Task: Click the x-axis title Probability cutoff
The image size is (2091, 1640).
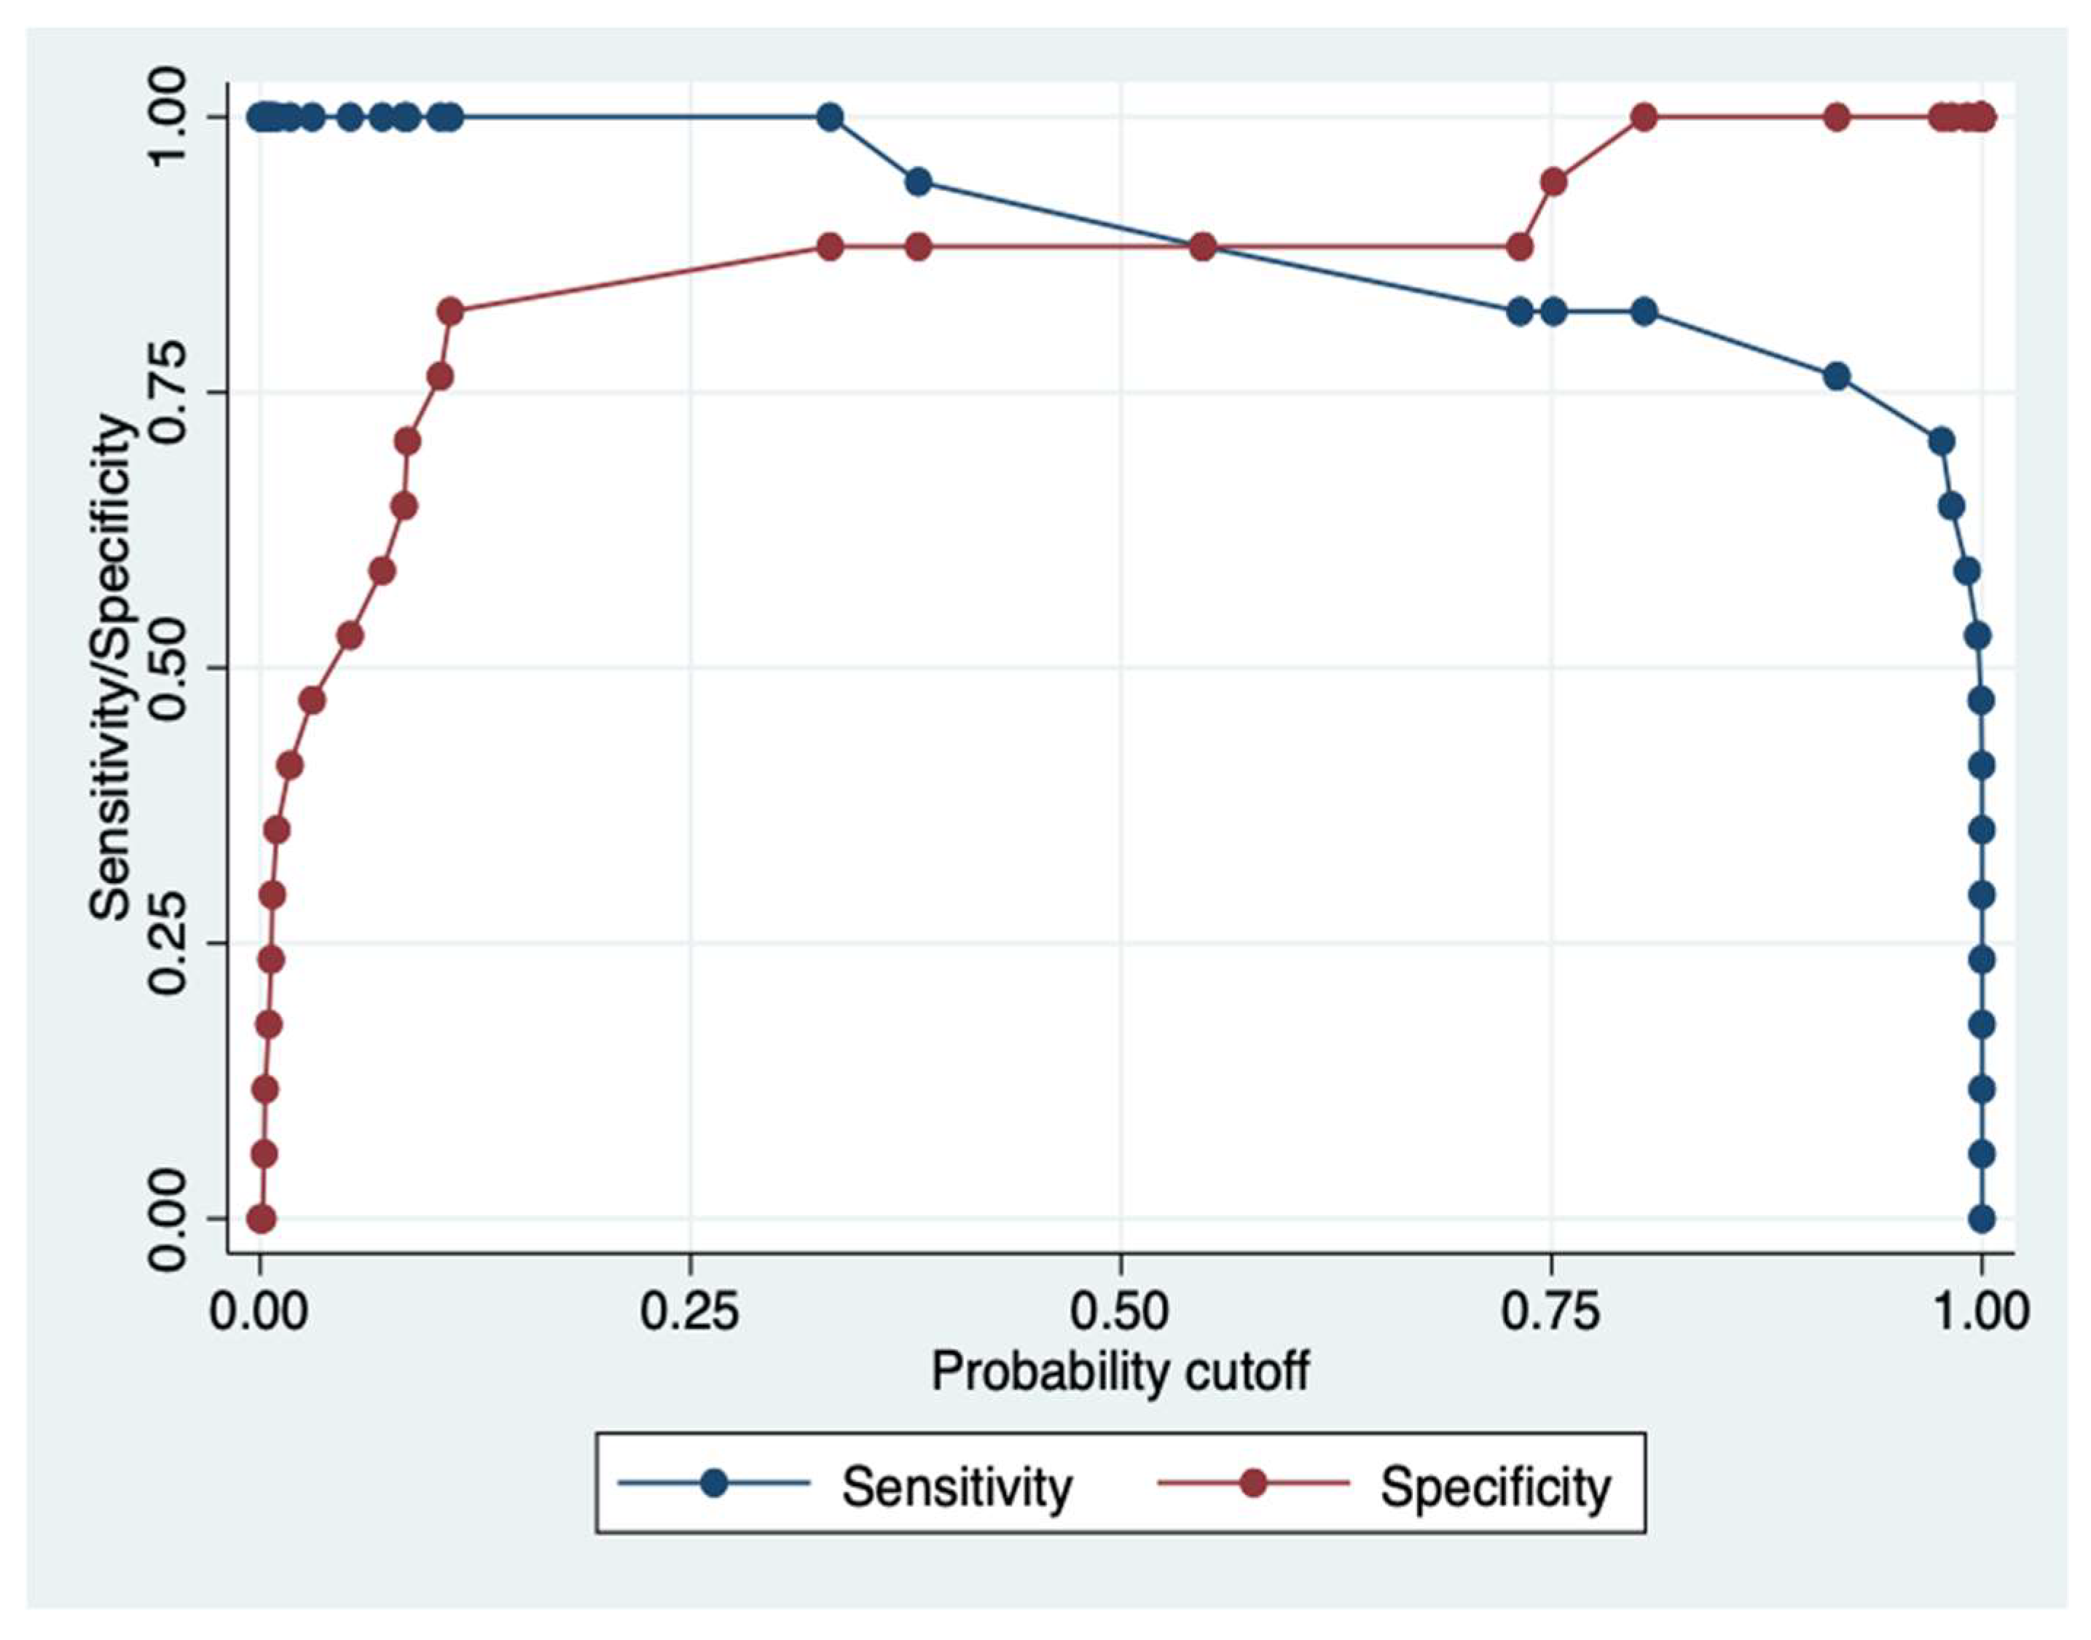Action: click(x=1119, y=1372)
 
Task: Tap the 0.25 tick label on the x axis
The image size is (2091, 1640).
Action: click(x=689, y=1311)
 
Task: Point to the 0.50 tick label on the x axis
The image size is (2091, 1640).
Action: click(x=1119, y=1311)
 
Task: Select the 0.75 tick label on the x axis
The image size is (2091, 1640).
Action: click(x=1550, y=1311)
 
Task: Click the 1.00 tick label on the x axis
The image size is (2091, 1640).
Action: click(x=1980, y=1311)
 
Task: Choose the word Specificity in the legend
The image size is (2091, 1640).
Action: click(x=1495, y=1487)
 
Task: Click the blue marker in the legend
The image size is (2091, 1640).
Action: click(x=713, y=1483)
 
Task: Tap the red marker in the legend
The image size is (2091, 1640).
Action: click(x=1253, y=1483)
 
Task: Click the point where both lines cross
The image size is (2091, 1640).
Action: click(x=1202, y=247)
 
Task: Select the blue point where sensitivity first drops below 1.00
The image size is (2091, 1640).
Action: click(x=918, y=181)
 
